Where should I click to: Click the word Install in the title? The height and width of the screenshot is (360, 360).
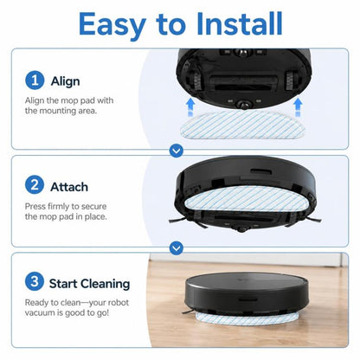(239, 23)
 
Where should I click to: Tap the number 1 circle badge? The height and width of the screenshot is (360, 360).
(35, 80)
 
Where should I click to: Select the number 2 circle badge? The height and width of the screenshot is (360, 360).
(35, 185)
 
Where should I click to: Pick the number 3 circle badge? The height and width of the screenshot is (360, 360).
(35, 281)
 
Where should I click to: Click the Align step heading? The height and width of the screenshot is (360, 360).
(65, 81)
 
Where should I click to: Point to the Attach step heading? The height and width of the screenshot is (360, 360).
(69, 187)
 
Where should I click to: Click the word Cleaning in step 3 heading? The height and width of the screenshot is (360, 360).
(105, 284)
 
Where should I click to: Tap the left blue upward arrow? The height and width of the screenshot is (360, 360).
(190, 107)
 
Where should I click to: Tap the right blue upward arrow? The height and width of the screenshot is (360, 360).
(298, 107)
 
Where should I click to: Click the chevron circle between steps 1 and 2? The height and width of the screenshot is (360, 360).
(177, 151)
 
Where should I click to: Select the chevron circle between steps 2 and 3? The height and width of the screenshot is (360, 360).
(177, 247)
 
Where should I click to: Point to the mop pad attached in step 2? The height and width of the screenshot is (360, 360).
(245, 199)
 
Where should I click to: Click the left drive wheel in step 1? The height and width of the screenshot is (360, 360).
(196, 80)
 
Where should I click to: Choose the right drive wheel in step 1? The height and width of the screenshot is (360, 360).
(290, 80)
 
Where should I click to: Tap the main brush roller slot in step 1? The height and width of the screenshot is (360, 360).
(242, 86)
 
